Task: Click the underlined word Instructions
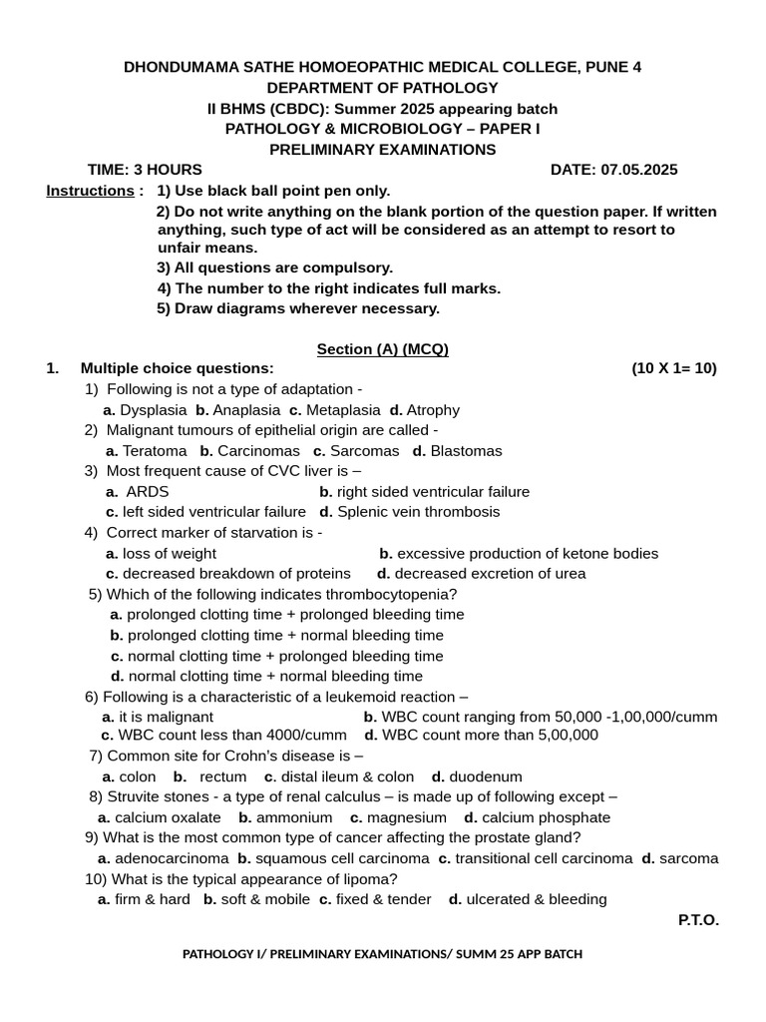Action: tap(90, 191)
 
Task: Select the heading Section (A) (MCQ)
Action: tap(383, 349)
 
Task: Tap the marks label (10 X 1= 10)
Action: tap(673, 368)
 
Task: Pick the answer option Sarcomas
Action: tap(364, 451)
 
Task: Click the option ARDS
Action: tap(147, 492)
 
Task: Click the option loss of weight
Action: tap(169, 554)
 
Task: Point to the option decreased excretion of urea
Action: tap(490, 574)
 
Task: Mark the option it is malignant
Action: tap(166, 718)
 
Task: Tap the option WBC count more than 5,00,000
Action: tap(490, 736)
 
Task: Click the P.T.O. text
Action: tap(698, 920)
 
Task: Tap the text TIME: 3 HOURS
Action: tap(145, 170)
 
